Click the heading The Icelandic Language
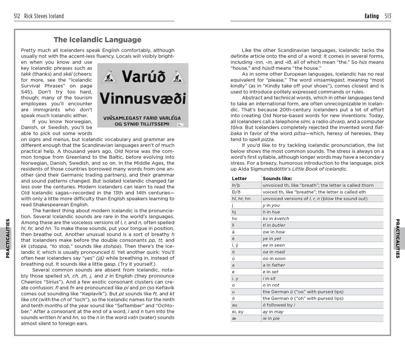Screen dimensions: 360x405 pos(97,40)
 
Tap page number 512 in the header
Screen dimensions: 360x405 pos(17,16)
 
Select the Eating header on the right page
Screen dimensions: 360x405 pos(371,16)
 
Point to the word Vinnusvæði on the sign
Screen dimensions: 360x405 pos(143,98)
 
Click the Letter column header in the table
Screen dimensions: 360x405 pos(239,179)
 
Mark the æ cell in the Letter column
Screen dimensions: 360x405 pos(234,318)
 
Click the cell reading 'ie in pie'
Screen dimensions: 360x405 pos(271,318)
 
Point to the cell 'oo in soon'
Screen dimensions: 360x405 pos(274,258)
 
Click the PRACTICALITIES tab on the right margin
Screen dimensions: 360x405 pos(398,238)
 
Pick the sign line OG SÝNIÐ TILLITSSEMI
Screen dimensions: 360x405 pos(142,124)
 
